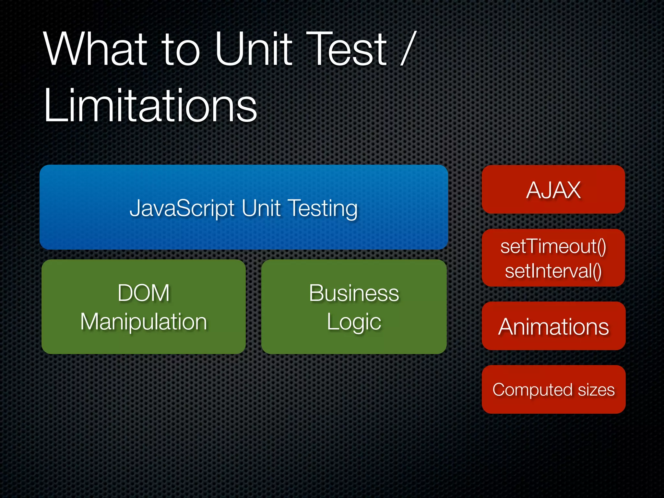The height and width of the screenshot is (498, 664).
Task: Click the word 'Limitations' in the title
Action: tap(150, 106)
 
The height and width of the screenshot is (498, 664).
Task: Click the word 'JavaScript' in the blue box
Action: tap(182, 208)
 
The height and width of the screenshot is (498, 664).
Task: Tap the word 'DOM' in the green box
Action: tap(143, 293)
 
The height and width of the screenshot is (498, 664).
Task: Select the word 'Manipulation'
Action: tap(143, 322)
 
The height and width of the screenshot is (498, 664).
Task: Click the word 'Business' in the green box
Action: tap(354, 293)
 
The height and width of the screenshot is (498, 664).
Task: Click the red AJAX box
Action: tap(553, 190)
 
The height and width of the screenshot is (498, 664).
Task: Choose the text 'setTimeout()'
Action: tap(553, 247)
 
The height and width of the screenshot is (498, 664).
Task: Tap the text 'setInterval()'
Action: tap(553, 271)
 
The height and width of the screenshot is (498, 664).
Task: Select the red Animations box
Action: tap(553, 326)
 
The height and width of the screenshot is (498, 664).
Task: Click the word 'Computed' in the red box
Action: tap(532, 390)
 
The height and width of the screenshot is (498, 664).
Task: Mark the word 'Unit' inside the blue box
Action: tap(261, 208)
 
